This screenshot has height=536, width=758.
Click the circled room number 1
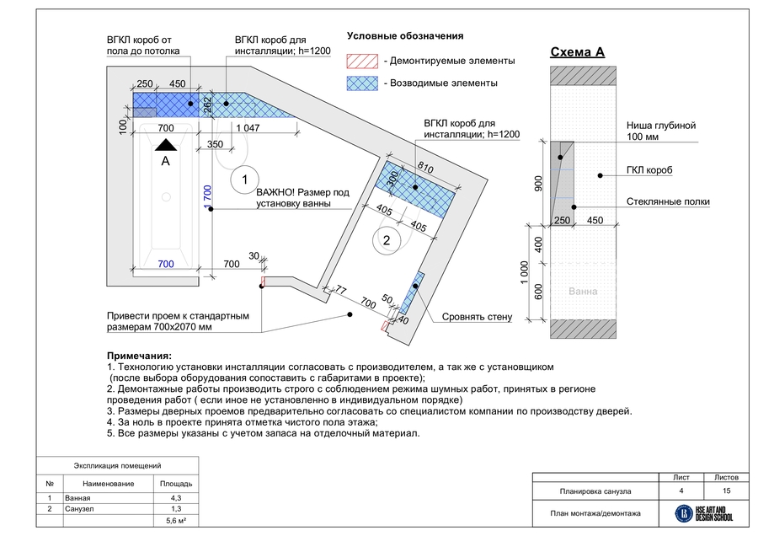pos(244,180)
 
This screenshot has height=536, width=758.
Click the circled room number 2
pos(387,240)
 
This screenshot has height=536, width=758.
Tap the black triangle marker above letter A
pos(166,145)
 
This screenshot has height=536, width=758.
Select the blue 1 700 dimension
pos(208,197)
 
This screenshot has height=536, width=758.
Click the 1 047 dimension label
pos(248,128)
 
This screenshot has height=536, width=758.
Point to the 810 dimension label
pos(425,168)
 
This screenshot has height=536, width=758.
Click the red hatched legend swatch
pos(362,62)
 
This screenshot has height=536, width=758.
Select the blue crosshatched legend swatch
pos(362,83)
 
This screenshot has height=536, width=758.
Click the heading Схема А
pos(577,52)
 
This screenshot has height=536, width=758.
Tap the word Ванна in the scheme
pos(583,292)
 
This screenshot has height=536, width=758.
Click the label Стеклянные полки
pos(668,201)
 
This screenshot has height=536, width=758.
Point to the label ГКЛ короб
pos(649,170)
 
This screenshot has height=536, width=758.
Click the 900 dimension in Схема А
pos(538,184)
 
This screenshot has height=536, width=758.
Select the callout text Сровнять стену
pos(477,317)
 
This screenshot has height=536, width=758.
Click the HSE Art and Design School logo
pos(704,513)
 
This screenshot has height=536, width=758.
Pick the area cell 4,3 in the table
pos(176,498)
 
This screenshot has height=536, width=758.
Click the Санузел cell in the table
pos(79,509)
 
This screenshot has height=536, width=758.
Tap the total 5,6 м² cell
pos(176,521)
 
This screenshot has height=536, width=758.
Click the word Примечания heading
pos(139,356)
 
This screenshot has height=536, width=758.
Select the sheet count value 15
pos(726,490)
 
